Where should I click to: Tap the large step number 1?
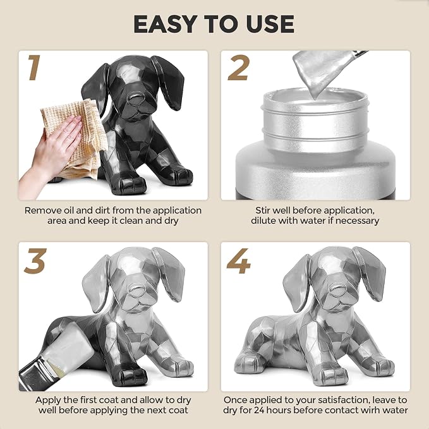point(35,68)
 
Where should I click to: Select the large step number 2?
point(238,68)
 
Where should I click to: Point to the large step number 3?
point(35,261)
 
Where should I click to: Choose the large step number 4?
point(239,261)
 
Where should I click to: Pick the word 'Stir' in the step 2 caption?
point(263,210)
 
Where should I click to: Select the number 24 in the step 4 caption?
point(260,411)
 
